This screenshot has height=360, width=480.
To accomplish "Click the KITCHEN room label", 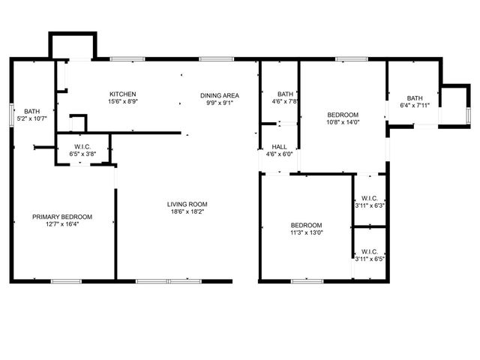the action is (x=123, y=94).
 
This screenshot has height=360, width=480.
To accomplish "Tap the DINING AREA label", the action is (x=220, y=95).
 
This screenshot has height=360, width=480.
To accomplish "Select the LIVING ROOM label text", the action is (x=187, y=204).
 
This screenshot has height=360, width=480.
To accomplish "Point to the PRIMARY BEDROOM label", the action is (x=62, y=217).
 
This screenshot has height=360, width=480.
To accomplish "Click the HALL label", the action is (x=279, y=147).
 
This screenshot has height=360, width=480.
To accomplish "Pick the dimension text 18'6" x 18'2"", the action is (x=187, y=211).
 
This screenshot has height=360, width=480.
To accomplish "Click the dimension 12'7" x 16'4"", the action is (x=62, y=224).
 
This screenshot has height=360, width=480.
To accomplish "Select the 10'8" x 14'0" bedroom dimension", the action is (x=343, y=122).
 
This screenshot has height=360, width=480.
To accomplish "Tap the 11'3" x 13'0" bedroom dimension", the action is (x=307, y=232).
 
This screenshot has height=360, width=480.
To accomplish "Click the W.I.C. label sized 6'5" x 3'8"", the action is (x=82, y=147).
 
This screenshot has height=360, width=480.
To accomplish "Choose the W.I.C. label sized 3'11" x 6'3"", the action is (x=370, y=198).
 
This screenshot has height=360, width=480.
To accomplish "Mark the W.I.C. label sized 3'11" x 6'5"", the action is (x=370, y=252).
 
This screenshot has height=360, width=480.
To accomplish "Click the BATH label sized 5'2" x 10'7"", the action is (x=31, y=111).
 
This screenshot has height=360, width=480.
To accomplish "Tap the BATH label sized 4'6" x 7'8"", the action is (x=285, y=94).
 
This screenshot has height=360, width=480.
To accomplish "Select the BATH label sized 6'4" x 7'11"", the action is (x=415, y=98).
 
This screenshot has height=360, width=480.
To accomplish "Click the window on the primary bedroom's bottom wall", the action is (x=66, y=281).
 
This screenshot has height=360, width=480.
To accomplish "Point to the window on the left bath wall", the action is (x=12, y=115).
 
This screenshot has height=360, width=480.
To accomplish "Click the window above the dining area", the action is (x=217, y=59).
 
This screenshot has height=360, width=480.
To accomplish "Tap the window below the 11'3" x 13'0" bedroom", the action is (x=307, y=281).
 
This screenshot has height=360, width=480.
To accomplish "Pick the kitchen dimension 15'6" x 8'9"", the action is (x=123, y=101).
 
